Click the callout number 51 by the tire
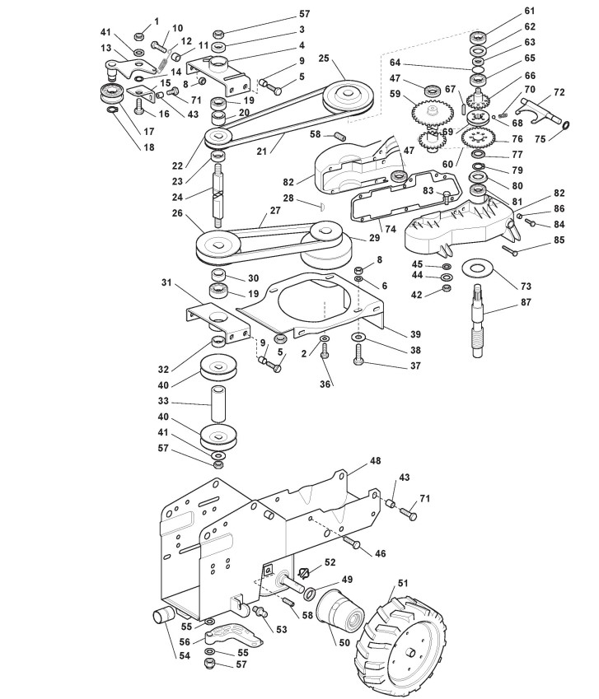click(x=403, y=583)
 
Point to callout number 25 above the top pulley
click(x=323, y=58)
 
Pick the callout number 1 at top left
click(x=157, y=20)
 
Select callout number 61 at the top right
click(x=529, y=11)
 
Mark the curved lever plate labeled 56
click(x=236, y=636)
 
